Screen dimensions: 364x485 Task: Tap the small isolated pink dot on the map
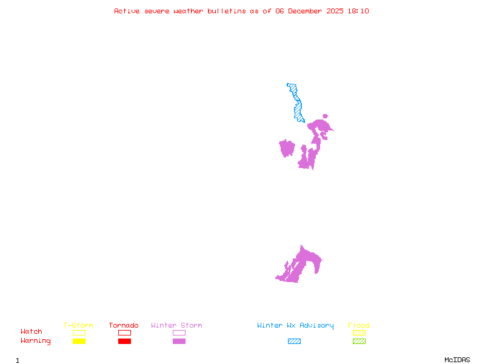[325, 116]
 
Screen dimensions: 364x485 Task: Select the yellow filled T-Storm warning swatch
[79, 342]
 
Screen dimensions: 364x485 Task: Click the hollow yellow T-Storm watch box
[79, 332]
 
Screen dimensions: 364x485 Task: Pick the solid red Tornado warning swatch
[124, 342]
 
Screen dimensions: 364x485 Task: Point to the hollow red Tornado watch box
[124, 332]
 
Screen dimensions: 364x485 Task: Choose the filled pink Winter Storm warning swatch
[179, 342]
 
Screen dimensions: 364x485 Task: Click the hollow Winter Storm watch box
[179, 332]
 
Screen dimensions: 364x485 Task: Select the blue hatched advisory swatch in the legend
[294, 342]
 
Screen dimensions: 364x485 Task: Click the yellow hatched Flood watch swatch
[359, 332]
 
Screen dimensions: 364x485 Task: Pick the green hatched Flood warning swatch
[359, 342]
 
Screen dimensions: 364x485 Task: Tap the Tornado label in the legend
[124, 326]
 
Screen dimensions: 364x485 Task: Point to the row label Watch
[32, 332]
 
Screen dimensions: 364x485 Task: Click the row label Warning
[35, 341]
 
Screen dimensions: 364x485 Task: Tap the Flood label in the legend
[359, 326]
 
